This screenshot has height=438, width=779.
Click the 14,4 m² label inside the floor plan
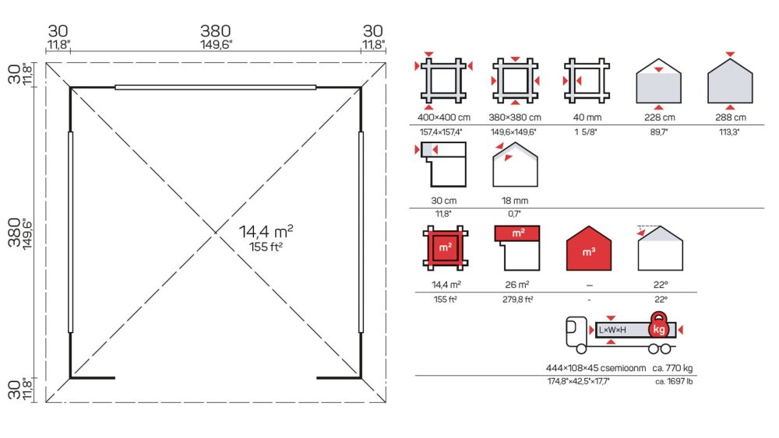tap(266, 231)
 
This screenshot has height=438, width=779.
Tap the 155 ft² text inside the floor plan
tap(266, 247)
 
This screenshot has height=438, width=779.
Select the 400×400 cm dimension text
tap(444, 117)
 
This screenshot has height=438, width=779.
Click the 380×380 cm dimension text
tap(515, 117)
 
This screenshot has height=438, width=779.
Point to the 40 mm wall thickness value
tap(587, 117)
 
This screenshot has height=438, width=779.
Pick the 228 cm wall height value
tap(659, 117)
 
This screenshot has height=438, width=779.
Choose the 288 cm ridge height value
tap(731, 117)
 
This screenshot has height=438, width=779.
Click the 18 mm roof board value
tap(515, 201)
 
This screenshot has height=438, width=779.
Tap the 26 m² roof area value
tap(516, 285)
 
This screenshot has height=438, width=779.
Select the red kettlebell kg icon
tap(659, 325)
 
